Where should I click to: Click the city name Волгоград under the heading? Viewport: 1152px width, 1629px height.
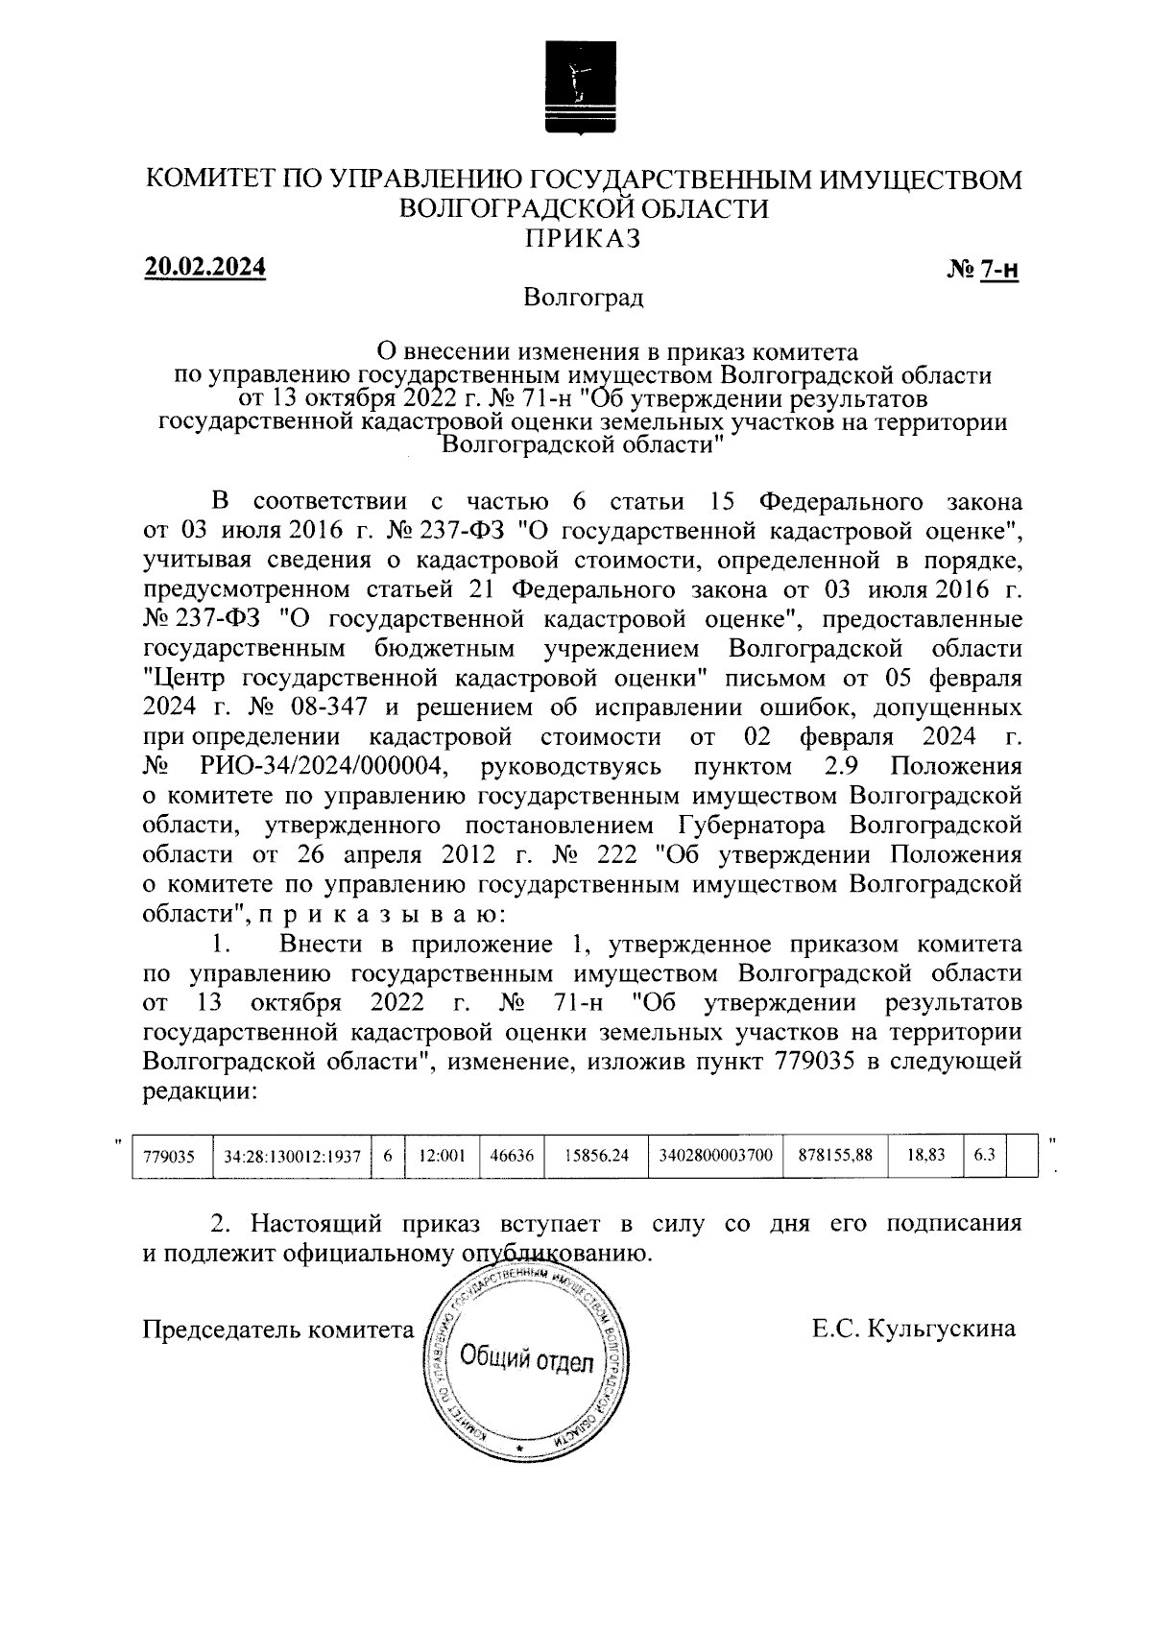(583, 299)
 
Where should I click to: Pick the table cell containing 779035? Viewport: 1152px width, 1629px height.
(168, 1157)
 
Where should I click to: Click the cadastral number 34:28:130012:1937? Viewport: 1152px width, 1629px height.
(292, 1157)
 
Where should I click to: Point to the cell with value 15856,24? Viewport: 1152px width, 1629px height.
(597, 1157)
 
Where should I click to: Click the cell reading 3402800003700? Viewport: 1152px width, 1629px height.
(715, 1157)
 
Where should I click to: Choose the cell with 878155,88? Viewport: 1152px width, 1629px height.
(835, 1157)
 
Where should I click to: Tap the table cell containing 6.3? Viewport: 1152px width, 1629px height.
(984, 1157)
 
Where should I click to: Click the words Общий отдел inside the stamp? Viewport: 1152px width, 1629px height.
(526, 1359)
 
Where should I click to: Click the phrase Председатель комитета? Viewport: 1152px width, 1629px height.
(276, 1330)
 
